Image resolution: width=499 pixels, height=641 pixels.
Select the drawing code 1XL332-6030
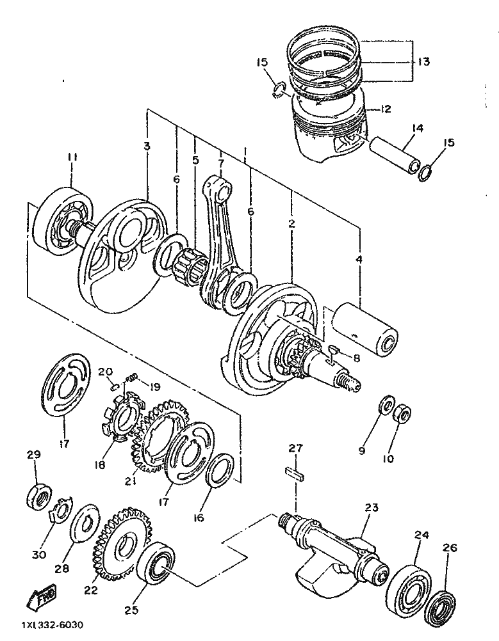tap(51, 624)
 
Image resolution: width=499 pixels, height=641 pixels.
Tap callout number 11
tap(71, 157)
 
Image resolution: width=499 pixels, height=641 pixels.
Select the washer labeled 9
tap(388, 406)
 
